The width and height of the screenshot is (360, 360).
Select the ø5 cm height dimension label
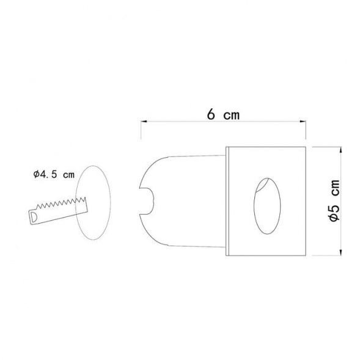pos(334,200)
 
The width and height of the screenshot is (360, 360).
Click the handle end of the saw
pos(34,216)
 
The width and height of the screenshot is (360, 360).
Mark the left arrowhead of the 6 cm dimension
pos(143,122)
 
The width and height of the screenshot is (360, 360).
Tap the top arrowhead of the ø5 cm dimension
pos(340,150)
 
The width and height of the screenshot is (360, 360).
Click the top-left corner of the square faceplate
pos(227,147)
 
